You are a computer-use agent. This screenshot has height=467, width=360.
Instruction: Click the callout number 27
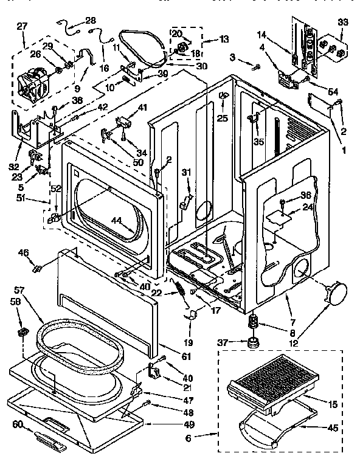[x=22, y=26]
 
